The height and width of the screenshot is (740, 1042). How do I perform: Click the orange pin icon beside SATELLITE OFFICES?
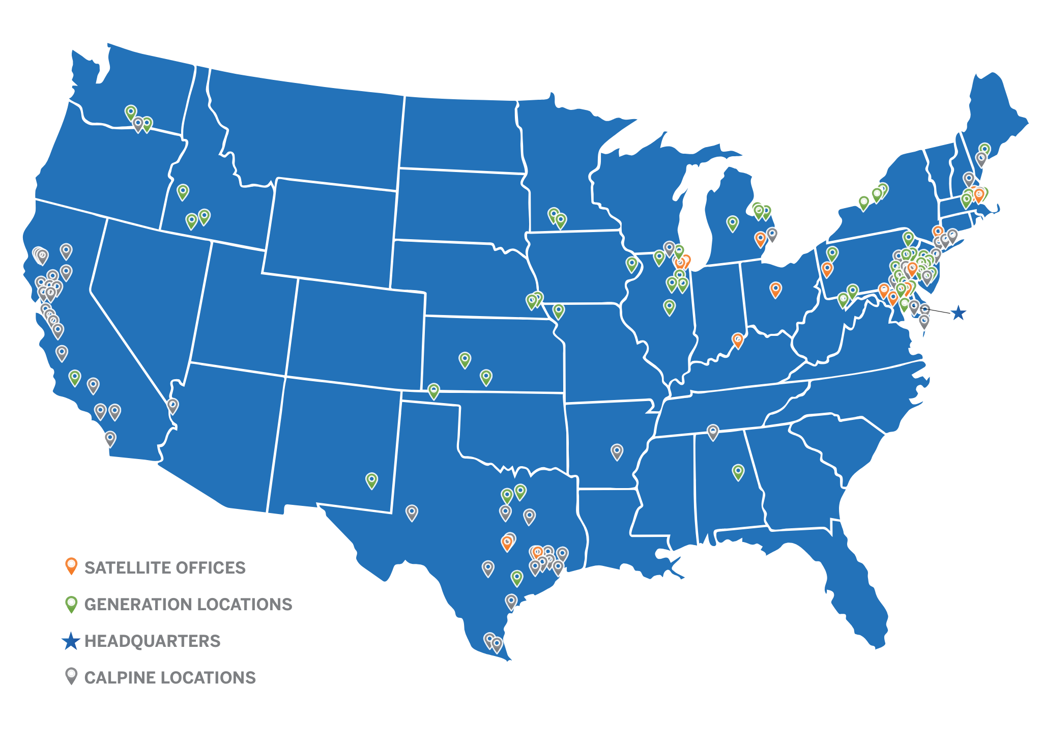71,566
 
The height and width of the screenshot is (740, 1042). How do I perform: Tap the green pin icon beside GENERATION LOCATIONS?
71,604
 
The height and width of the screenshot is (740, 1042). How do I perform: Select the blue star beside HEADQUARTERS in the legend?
71,641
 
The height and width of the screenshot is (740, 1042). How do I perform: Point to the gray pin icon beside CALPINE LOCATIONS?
71,676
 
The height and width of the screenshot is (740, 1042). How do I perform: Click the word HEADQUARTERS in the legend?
152,641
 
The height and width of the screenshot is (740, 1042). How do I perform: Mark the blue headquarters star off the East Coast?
959,313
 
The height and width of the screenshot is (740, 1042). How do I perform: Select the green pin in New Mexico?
372,480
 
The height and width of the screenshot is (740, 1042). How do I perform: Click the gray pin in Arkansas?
617,451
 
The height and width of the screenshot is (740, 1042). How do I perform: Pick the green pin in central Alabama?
738,471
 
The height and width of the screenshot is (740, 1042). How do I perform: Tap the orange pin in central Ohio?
775,290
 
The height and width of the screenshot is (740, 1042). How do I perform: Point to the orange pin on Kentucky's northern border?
738,339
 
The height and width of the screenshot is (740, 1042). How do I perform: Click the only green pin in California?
75,377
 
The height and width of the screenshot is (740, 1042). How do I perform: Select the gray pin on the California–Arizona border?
172,406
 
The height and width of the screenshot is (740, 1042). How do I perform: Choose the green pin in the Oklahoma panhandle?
433,391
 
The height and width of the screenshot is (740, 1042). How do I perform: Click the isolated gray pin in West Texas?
412,512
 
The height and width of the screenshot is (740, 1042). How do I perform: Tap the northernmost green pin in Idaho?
183,191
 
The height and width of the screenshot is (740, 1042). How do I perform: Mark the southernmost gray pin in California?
110,438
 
